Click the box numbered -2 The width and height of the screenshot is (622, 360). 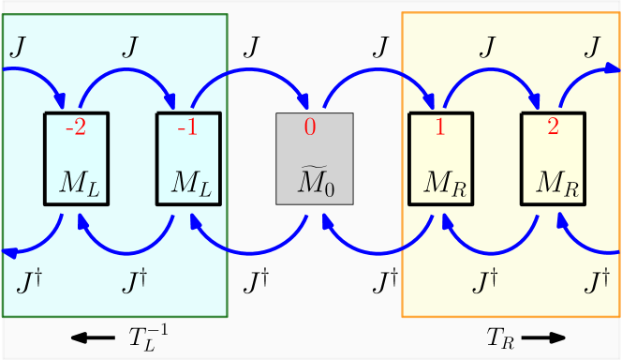(x=76, y=158)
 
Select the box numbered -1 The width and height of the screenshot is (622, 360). (x=187, y=158)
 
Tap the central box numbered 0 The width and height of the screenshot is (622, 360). (x=314, y=158)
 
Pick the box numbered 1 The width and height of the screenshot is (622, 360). (x=442, y=158)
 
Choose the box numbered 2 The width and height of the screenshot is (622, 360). (x=553, y=158)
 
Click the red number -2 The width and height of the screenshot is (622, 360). (x=76, y=127)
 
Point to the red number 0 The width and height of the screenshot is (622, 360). (x=310, y=127)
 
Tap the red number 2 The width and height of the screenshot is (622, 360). (x=553, y=127)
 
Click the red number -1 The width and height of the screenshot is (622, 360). (x=187, y=127)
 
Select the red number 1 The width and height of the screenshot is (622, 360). (x=439, y=127)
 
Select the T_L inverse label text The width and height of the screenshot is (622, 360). (x=148, y=337)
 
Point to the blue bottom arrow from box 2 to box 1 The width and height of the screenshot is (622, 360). (x=496, y=246)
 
